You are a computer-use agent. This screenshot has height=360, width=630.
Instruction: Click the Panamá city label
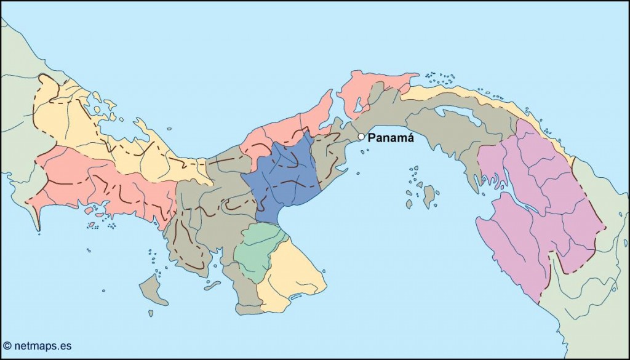(x=391, y=138)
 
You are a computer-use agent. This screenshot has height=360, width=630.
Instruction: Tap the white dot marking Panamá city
(x=361, y=137)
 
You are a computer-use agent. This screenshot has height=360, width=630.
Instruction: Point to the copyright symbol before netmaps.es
(x=7, y=346)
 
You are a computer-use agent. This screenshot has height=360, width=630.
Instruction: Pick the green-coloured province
(x=258, y=249)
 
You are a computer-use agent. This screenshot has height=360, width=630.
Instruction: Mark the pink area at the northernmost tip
(x=369, y=89)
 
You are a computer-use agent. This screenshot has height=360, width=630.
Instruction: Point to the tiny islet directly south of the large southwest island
(x=151, y=313)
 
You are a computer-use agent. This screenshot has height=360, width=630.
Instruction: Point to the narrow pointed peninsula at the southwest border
(x=38, y=218)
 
